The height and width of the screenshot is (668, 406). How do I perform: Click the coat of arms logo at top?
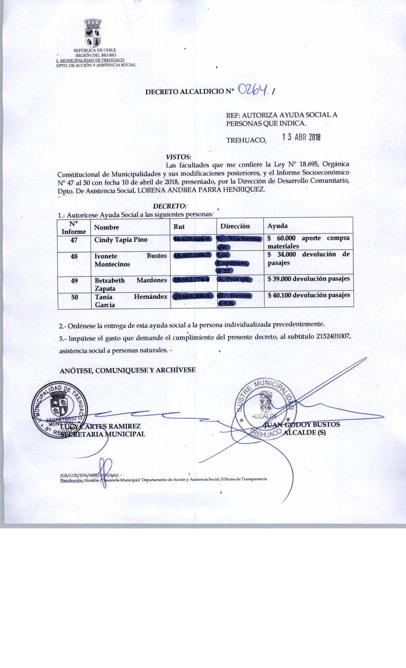coord(93,33)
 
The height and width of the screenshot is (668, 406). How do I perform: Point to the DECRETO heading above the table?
coord(170,206)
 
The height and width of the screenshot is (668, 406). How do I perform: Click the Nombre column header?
coord(107,227)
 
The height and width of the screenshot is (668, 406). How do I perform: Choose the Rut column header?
coord(179,226)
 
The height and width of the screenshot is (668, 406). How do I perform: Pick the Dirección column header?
coord(235,226)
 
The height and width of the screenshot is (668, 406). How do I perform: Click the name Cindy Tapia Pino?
coord(121,240)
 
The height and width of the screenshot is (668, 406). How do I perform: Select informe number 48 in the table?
coord(74,256)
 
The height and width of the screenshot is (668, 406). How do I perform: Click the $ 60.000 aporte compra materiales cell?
coord(308,242)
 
